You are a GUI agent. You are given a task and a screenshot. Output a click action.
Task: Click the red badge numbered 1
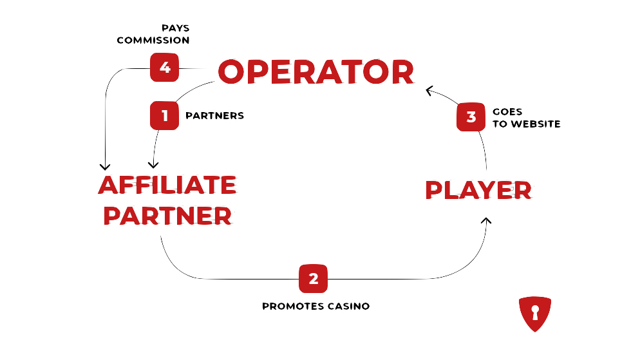(164, 116)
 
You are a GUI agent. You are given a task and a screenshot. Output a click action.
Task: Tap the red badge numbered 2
(313, 278)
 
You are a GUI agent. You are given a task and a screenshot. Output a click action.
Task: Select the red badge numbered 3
(471, 117)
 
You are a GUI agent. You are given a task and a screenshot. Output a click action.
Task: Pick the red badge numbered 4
(164, 67)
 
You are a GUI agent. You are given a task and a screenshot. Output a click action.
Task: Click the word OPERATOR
(315, 72)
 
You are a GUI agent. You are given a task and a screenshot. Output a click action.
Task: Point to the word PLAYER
(478, 190)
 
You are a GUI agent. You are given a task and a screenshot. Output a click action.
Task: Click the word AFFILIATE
(167, 185)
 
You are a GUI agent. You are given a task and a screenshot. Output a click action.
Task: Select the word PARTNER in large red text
(167, 216)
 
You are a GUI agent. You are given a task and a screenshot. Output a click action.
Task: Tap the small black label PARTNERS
(214, 117)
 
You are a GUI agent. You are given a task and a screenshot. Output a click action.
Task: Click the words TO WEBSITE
(526, 124)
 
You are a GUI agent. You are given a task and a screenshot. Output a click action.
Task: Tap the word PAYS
(175, 28)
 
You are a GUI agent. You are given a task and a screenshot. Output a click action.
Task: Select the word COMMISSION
(153, 41)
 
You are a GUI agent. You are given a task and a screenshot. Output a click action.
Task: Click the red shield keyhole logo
(534, 314)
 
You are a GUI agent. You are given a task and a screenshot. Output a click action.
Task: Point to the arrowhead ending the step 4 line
(105, 166)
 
